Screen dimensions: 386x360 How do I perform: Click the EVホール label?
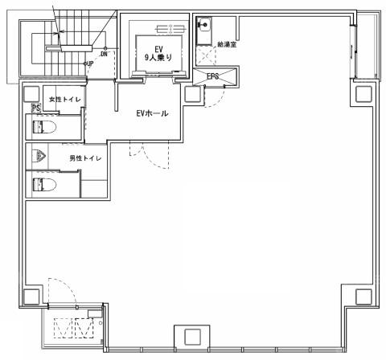(152, 113)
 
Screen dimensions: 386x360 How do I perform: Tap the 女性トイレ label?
(65, 100)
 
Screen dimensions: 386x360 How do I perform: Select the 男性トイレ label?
(85, 158)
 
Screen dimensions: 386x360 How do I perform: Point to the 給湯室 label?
(227, 44)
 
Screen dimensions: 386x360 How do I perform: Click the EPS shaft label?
(213, 76)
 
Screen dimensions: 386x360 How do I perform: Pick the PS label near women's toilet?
(36, 108)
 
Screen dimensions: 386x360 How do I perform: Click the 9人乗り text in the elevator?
(158, 57)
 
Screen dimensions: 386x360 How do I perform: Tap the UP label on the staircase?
(90, 63)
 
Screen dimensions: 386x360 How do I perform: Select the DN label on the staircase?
(104, 54)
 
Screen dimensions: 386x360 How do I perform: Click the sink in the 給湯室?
(204, 31)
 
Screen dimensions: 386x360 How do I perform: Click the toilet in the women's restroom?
(44, 127)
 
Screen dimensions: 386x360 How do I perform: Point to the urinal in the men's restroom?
(38, 156)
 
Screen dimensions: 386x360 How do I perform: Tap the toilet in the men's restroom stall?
(44, 184)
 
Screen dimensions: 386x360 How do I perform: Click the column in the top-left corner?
(31, 94)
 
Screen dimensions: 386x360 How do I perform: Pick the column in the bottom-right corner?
(363, 297)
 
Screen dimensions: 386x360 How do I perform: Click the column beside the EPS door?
(192, 94)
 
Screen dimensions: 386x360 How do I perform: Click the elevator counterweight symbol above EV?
(170, 28)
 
